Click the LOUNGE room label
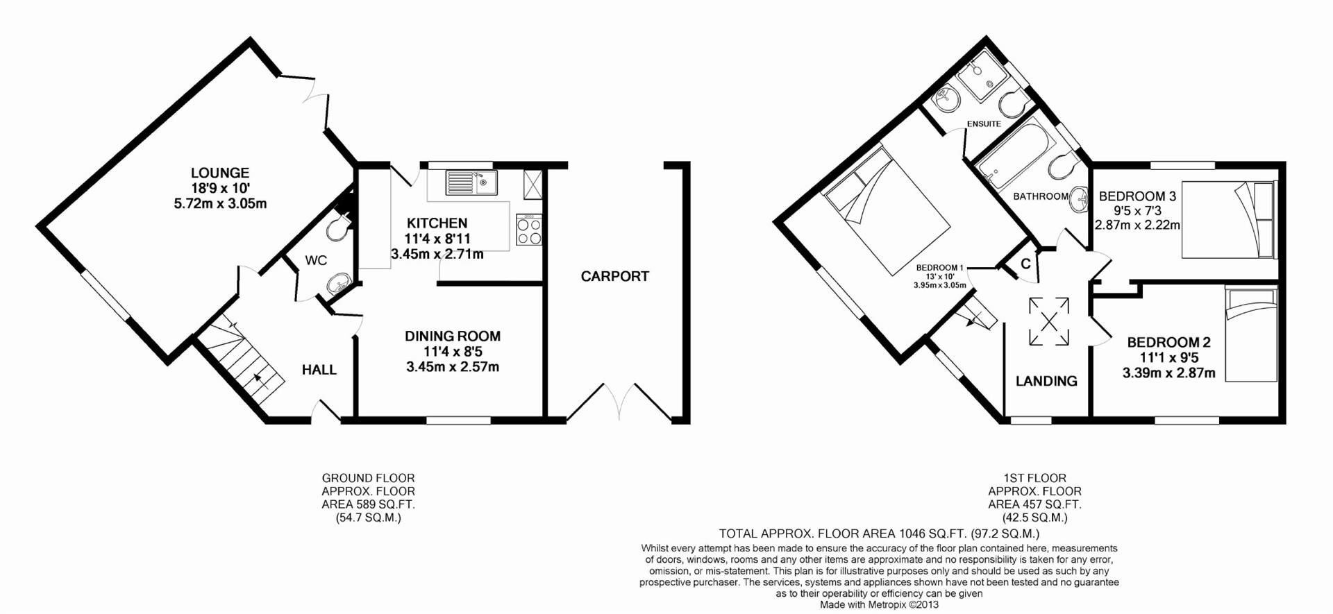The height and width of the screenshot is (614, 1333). pos(220,173)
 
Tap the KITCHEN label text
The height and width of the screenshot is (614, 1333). pos(437,223)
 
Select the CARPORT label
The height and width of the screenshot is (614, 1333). pos(614,276)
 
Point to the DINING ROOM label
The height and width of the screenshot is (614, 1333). pos(453,336)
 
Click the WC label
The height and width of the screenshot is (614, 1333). pos(316,260)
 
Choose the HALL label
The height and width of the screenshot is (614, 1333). pos(319,370)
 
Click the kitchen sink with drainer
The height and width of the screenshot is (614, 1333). pos(471,182)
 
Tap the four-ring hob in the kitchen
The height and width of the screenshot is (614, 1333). pos(529,230)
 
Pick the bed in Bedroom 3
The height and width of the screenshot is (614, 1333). pos(1229,220)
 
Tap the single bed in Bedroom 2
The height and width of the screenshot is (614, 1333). pos(1251,335)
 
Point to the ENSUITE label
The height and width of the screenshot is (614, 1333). pos(984,124)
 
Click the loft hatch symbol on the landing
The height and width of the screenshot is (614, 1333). pos(1049,321)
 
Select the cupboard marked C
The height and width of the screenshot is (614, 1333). pos(1025,264)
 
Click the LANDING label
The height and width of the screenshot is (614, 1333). pos(1046,381)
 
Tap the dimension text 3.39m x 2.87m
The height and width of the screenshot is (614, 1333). pos(1168,373)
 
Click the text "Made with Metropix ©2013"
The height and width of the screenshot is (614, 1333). pos(879,604)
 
